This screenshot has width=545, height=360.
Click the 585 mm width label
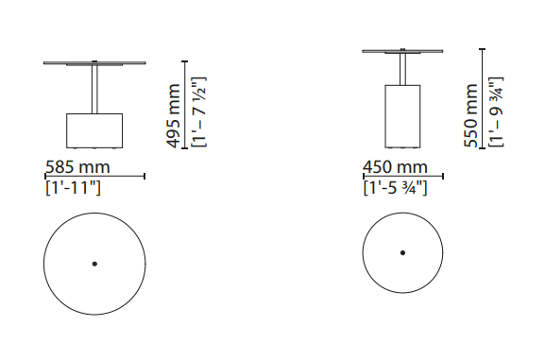77,167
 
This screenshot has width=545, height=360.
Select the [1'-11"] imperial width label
74,187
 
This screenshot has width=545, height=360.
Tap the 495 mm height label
174,116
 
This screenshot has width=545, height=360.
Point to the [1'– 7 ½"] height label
199,112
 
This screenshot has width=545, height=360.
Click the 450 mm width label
395,167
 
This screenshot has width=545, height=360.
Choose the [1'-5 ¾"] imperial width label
395,187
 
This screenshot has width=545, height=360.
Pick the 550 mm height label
471,115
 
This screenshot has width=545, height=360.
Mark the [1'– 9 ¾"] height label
496,111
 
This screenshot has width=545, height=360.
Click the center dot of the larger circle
94,264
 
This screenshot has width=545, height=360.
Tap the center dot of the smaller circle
402,253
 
